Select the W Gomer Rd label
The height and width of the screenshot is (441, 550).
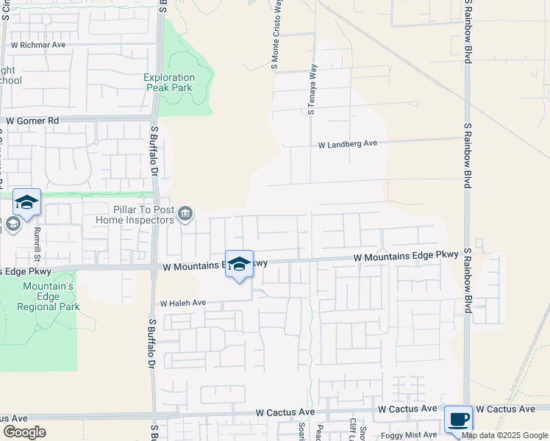click(x=32, y=121)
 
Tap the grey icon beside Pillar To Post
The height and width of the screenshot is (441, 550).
click(x=185, y=213)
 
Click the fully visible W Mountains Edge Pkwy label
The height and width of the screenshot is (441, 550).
click(x=406, y=257)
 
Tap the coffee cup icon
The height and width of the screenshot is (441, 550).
click(x=458, y=420)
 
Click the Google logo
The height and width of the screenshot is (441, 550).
click(x=24, y=432)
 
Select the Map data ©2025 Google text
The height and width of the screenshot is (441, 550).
click(x=504, y=435)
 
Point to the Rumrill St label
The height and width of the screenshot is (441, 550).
click(x=35, y=243)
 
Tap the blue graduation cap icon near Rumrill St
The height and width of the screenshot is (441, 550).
click(x=26, y=202)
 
